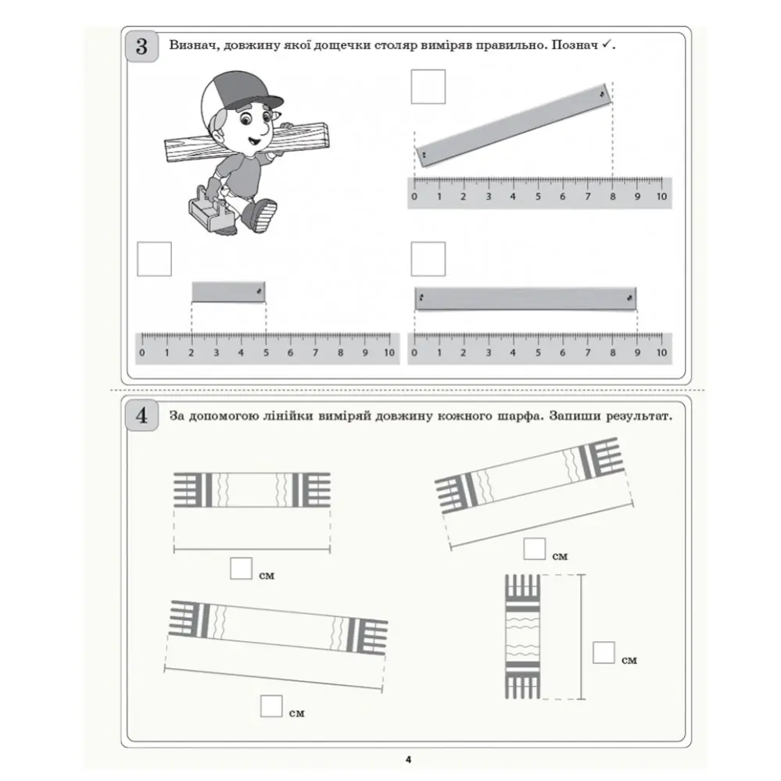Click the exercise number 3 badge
(142, 46)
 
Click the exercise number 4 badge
(142, 415)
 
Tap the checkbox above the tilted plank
(428, 87)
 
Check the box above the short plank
(154, 259)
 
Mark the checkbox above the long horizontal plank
(428, 259)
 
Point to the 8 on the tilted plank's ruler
(612, 197)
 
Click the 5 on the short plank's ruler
(266, 353)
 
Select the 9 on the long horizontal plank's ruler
(637, 353)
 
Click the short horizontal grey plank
(228, 292)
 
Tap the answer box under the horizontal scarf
(241, 569)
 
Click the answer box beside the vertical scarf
(604, 652)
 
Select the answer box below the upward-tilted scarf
(535, 549)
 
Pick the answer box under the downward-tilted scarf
(271, 706)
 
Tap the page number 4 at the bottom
(408, 760)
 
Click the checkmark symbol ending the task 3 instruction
(606, 45)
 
